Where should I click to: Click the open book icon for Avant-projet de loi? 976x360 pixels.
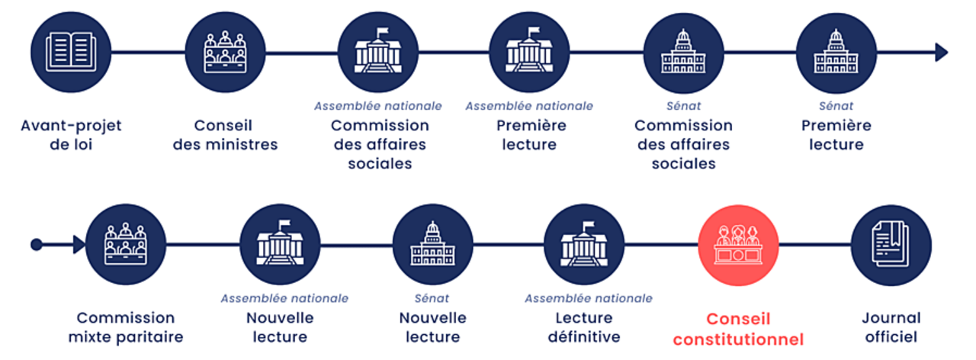[x=71, y=52]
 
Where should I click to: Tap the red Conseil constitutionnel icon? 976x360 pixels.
[x=738, y=245]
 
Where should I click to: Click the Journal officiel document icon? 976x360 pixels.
[x=891, y=245]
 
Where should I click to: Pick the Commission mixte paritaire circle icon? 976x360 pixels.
[x=126, y=245]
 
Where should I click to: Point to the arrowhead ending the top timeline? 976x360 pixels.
[x=942, y=52]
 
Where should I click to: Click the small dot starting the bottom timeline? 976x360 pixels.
[x=36, y=245]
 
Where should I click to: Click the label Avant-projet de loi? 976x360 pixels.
[x=71, y=134]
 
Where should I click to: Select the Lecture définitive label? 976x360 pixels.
[x=584, y=327]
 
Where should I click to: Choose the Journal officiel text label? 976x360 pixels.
[x=891, y=327]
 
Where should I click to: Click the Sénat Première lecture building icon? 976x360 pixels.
[x=836, y=52]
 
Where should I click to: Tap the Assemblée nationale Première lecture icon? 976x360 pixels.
[x=529, y=52]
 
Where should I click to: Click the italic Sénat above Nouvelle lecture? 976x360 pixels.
[x=432, y=298]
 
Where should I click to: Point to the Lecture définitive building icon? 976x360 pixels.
[x=584, y=245]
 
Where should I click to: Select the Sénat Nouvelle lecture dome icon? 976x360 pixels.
[x=432, y=245]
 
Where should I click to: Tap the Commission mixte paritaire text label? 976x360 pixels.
[x=126, y=327]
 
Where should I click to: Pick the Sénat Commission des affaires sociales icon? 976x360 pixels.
[x=683, y=52]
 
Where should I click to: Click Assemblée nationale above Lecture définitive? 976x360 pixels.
[x=588, y=298]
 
